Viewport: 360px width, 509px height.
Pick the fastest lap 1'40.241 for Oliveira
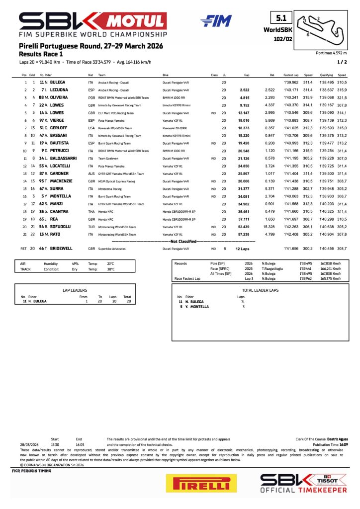click(x=290, y=98)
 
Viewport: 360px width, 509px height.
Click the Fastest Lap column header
click(x=291, y=75)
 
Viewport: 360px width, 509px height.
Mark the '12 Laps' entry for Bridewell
click(x=242, y=248)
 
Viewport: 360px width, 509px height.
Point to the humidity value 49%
click(x=76, y=263)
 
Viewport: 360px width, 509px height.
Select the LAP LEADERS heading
click(x=75, y=289)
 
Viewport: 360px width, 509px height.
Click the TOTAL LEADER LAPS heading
click(x=259, y=289)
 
